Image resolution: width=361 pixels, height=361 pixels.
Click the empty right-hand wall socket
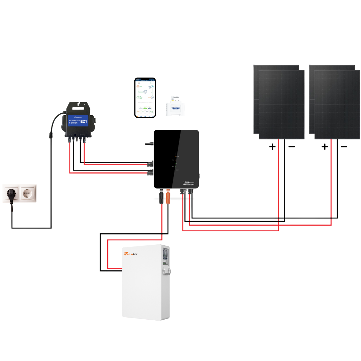(x=28, y=193)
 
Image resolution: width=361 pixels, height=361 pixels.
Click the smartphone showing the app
(x=145, y=98)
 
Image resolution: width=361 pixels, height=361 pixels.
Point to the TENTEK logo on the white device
(x=175, y=108)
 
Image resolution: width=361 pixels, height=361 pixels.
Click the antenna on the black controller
(x=149, y=144)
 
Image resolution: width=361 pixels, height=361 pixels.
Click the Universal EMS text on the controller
(x=191, y=185)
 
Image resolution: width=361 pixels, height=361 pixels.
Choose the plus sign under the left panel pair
(x=272, y=147)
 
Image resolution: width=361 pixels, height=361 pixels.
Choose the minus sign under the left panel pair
(x=291, y=147)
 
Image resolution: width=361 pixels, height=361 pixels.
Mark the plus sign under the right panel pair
(x=325, y=147)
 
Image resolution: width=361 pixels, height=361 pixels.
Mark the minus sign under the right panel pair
(x=344, y=147)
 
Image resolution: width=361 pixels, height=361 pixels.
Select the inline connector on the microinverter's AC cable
(x=50, y=135)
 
